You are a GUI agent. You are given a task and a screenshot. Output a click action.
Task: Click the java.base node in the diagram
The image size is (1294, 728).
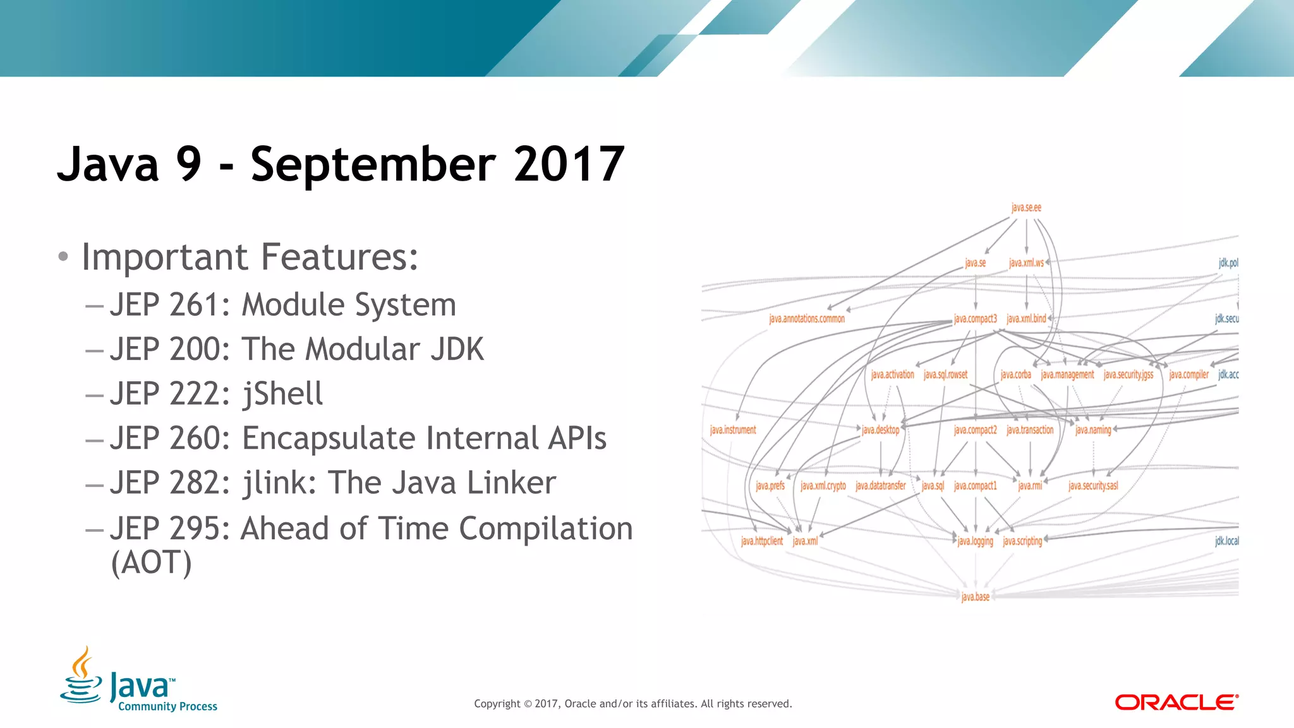click(975, 597)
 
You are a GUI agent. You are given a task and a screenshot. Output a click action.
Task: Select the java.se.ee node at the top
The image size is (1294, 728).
click(1026, 208)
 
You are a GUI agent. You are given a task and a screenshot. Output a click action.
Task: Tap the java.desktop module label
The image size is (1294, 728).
click(880, 430)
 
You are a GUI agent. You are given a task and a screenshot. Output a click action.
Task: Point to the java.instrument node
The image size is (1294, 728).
click(733, 430)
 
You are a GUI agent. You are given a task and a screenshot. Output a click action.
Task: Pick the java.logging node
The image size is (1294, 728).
click(975, 541)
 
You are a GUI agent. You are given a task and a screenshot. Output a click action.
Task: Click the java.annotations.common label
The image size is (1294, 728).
click(807, 319)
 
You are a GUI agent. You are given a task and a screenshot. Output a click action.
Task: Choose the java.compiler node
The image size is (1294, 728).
click(1188, 374)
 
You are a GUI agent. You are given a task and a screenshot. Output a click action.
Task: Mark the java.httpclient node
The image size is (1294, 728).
click(761, 541)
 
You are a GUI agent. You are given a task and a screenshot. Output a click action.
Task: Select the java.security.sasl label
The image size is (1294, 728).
click(1093, 486)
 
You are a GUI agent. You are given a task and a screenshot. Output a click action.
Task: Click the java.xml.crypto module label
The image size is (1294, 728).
click(823, 486)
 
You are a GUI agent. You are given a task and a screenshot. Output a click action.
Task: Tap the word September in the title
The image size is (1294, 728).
click(373, 164)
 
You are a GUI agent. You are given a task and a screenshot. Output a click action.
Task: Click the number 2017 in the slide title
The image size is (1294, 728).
click(569, 164)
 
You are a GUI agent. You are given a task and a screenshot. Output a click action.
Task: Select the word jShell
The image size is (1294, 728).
click(282, 394)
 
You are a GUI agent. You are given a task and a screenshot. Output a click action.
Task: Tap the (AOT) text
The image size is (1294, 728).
click(151, 562)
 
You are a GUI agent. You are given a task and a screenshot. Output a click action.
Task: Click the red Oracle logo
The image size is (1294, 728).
click(1176, 703)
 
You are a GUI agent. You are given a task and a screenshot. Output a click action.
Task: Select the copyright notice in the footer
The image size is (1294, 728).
click(632, 703)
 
